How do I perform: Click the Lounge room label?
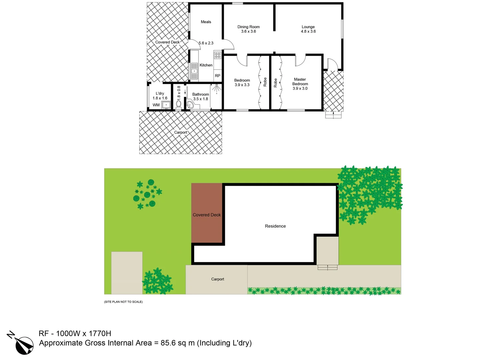308,27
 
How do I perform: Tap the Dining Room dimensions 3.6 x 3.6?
248,32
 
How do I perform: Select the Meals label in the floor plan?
206,22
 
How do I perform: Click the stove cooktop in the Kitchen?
217,55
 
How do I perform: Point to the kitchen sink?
194,71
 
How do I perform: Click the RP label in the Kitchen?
217,76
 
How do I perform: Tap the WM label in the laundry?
156,105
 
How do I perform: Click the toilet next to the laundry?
179,104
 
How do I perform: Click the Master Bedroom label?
300,82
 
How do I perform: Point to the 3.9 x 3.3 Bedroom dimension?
242,85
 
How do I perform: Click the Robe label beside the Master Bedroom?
276,83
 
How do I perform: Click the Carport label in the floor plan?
180,133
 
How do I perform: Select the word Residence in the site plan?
275,226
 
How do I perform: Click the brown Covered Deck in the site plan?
207,213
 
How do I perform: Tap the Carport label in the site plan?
217,279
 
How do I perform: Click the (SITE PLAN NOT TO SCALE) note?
123,302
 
